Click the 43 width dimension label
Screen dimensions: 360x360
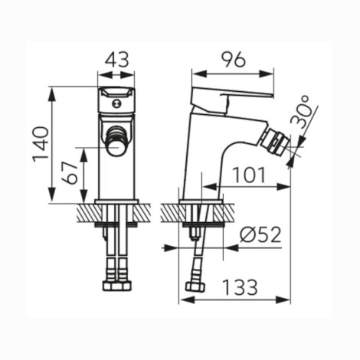click(116, 60)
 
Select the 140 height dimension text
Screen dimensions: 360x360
click(41, 144)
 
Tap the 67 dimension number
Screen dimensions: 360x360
click(70, 172)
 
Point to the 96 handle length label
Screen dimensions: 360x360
click(233, 60)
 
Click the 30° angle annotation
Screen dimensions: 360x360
click(301, 113)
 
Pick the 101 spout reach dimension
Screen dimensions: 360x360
click(250, 175)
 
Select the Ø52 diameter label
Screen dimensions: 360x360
click(260, 235)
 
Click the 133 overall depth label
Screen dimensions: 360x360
click(240, 287)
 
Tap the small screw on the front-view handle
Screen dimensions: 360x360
click(116, 103)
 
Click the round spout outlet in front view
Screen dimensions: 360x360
click(116, 148)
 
